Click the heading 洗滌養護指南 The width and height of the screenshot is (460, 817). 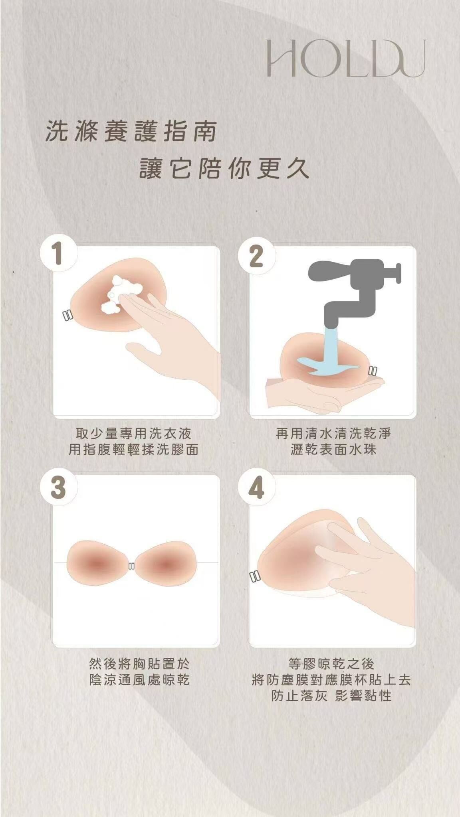(x=131, y=132)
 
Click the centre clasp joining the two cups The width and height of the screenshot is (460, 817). (x=131, y=566)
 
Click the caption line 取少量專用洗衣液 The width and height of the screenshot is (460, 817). (x=133, y=433)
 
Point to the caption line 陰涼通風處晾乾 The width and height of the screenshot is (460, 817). (x=139, y=679)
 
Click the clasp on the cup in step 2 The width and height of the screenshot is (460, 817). (x=373, y=371)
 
